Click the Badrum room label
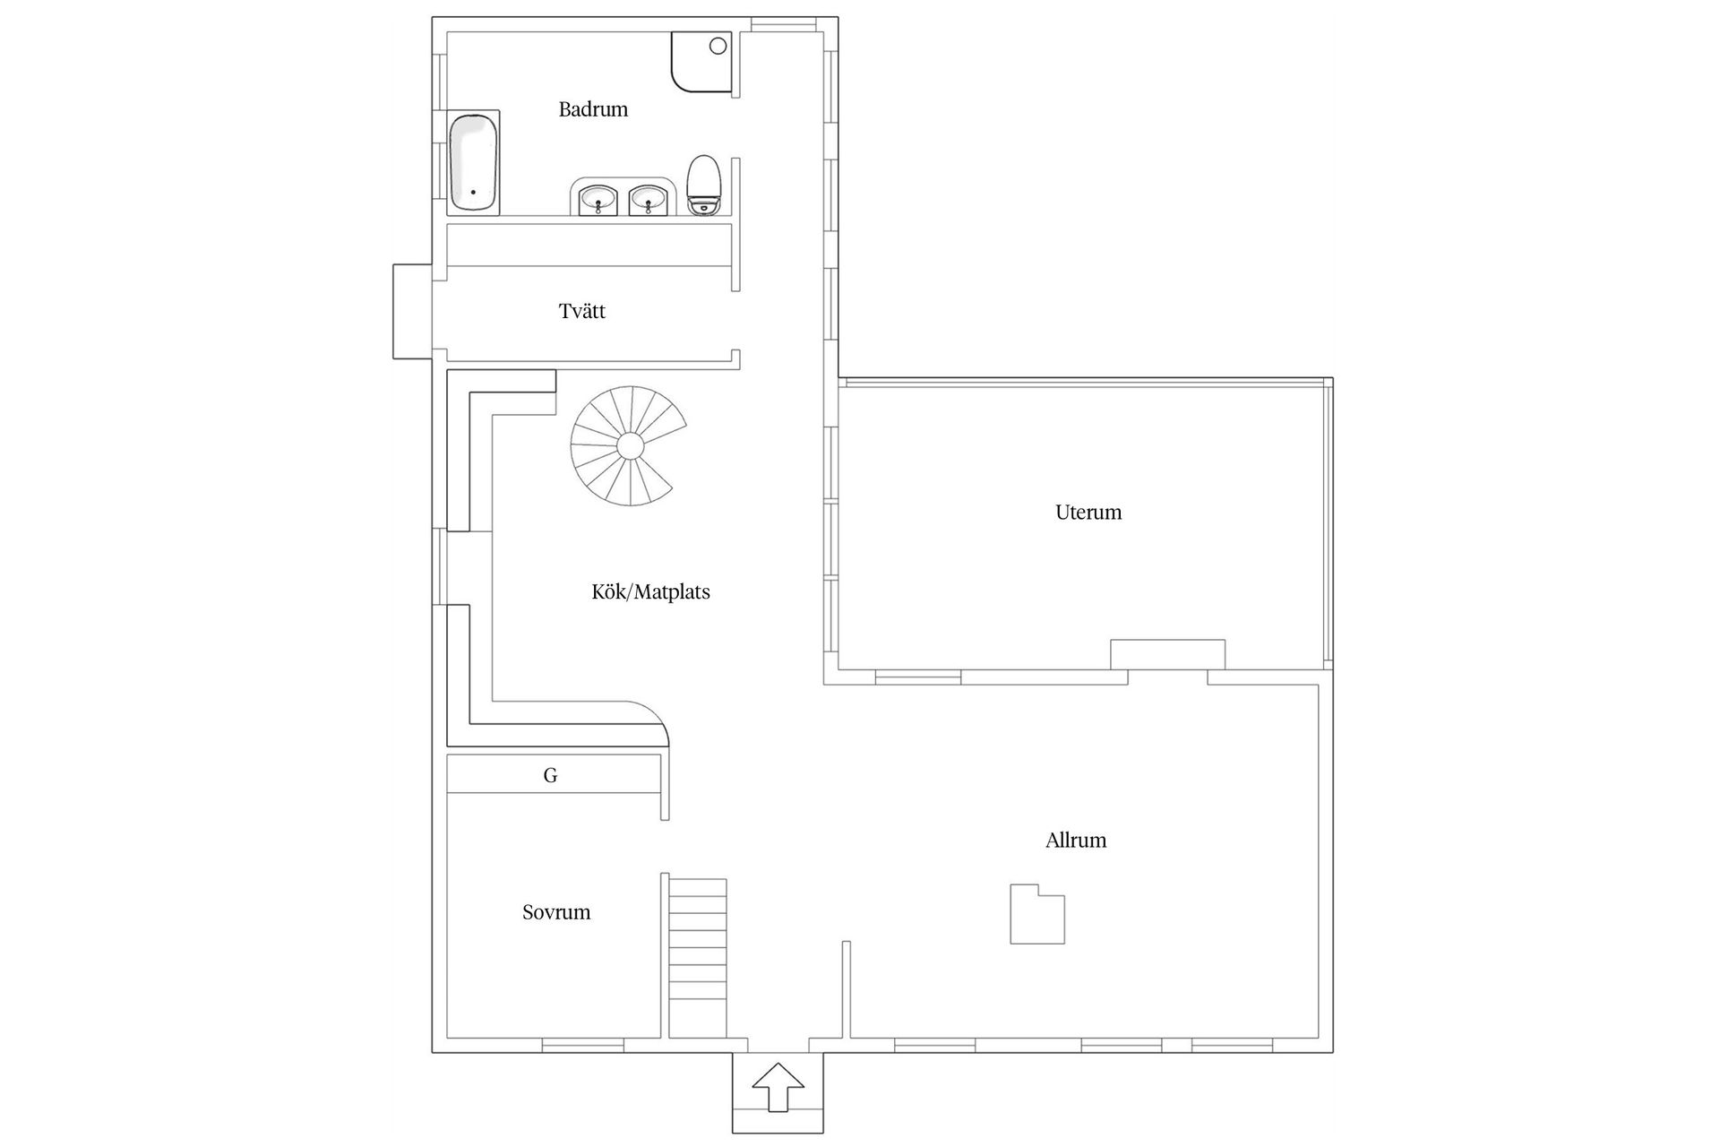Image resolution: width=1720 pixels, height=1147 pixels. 593,109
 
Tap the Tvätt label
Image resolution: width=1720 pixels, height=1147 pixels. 582,311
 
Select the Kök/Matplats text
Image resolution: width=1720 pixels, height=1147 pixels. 651,591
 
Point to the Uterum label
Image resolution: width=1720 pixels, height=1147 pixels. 1088,512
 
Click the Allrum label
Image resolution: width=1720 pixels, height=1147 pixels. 1076,840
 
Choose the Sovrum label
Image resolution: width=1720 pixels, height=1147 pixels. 556,912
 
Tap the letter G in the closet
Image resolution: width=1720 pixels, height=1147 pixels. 550,775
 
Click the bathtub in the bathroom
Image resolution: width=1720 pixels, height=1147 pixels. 473,162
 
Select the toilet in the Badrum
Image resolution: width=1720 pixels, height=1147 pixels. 704,185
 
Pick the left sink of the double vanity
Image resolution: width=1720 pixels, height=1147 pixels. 598,200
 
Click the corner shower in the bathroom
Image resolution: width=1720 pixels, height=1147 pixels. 701,62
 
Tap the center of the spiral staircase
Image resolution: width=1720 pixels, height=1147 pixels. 630,445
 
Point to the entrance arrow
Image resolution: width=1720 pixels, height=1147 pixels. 778,1087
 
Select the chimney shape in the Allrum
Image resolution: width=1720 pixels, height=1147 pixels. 1037,914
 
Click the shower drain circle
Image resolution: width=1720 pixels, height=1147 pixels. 718,46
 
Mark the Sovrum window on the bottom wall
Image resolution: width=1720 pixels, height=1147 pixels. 582,1045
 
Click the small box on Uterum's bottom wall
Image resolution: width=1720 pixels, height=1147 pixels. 1167,654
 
